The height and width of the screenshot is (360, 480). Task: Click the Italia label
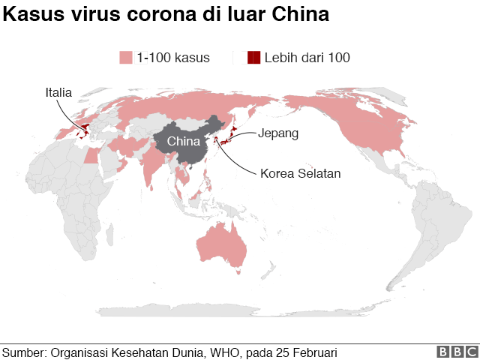point(58,93)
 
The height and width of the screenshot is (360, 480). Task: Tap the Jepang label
point(278,133)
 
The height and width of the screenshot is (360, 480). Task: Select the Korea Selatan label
point(301,173)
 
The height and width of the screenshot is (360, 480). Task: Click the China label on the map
point(183,142)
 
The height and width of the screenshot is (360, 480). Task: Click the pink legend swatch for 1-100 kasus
point(125,58)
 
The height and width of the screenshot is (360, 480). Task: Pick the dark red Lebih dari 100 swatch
point(253,58)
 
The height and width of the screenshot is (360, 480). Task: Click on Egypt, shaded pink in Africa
point(91,155)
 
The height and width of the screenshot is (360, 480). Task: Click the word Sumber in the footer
point(24,352)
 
